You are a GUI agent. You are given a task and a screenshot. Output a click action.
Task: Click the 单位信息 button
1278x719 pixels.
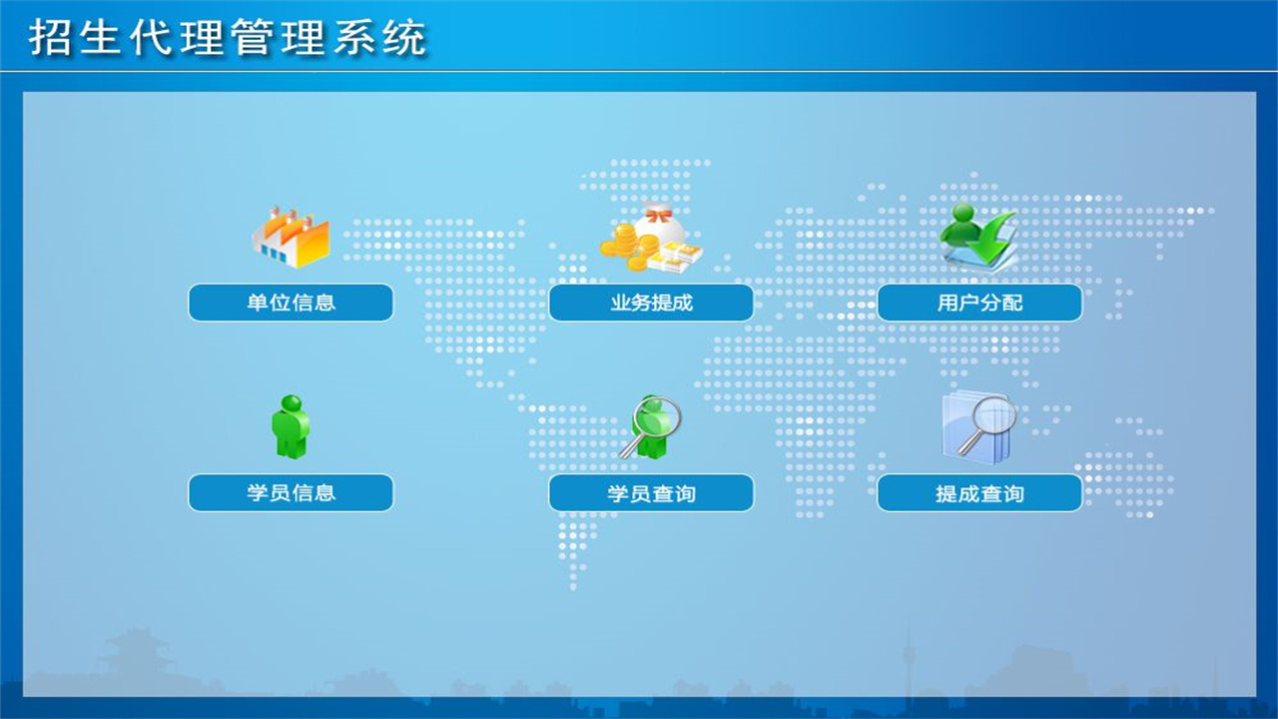[x=291, y=303]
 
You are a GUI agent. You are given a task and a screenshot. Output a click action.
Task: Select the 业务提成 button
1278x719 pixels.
[x=651, y=303]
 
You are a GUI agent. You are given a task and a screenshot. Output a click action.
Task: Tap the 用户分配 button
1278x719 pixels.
[x=979, y=303]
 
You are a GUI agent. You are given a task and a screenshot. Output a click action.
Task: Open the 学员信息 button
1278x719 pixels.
[x=291, y=492]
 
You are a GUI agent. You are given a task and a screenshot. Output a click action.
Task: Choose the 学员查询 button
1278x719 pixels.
[x=651, y=493]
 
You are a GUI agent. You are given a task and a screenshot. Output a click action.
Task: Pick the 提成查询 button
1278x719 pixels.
[x=979, y=493]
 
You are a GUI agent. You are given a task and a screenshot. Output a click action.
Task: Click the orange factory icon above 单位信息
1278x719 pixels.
[x=291, y=237]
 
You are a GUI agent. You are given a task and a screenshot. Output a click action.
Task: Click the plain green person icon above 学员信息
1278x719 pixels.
[x=291, y=426]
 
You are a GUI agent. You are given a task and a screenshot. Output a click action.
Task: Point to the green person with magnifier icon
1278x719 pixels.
[x=650, y=426]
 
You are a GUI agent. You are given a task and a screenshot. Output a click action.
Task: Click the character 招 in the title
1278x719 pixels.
[x=49, y=38]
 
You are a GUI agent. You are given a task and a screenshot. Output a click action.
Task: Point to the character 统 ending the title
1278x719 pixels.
[x=405, y=38]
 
